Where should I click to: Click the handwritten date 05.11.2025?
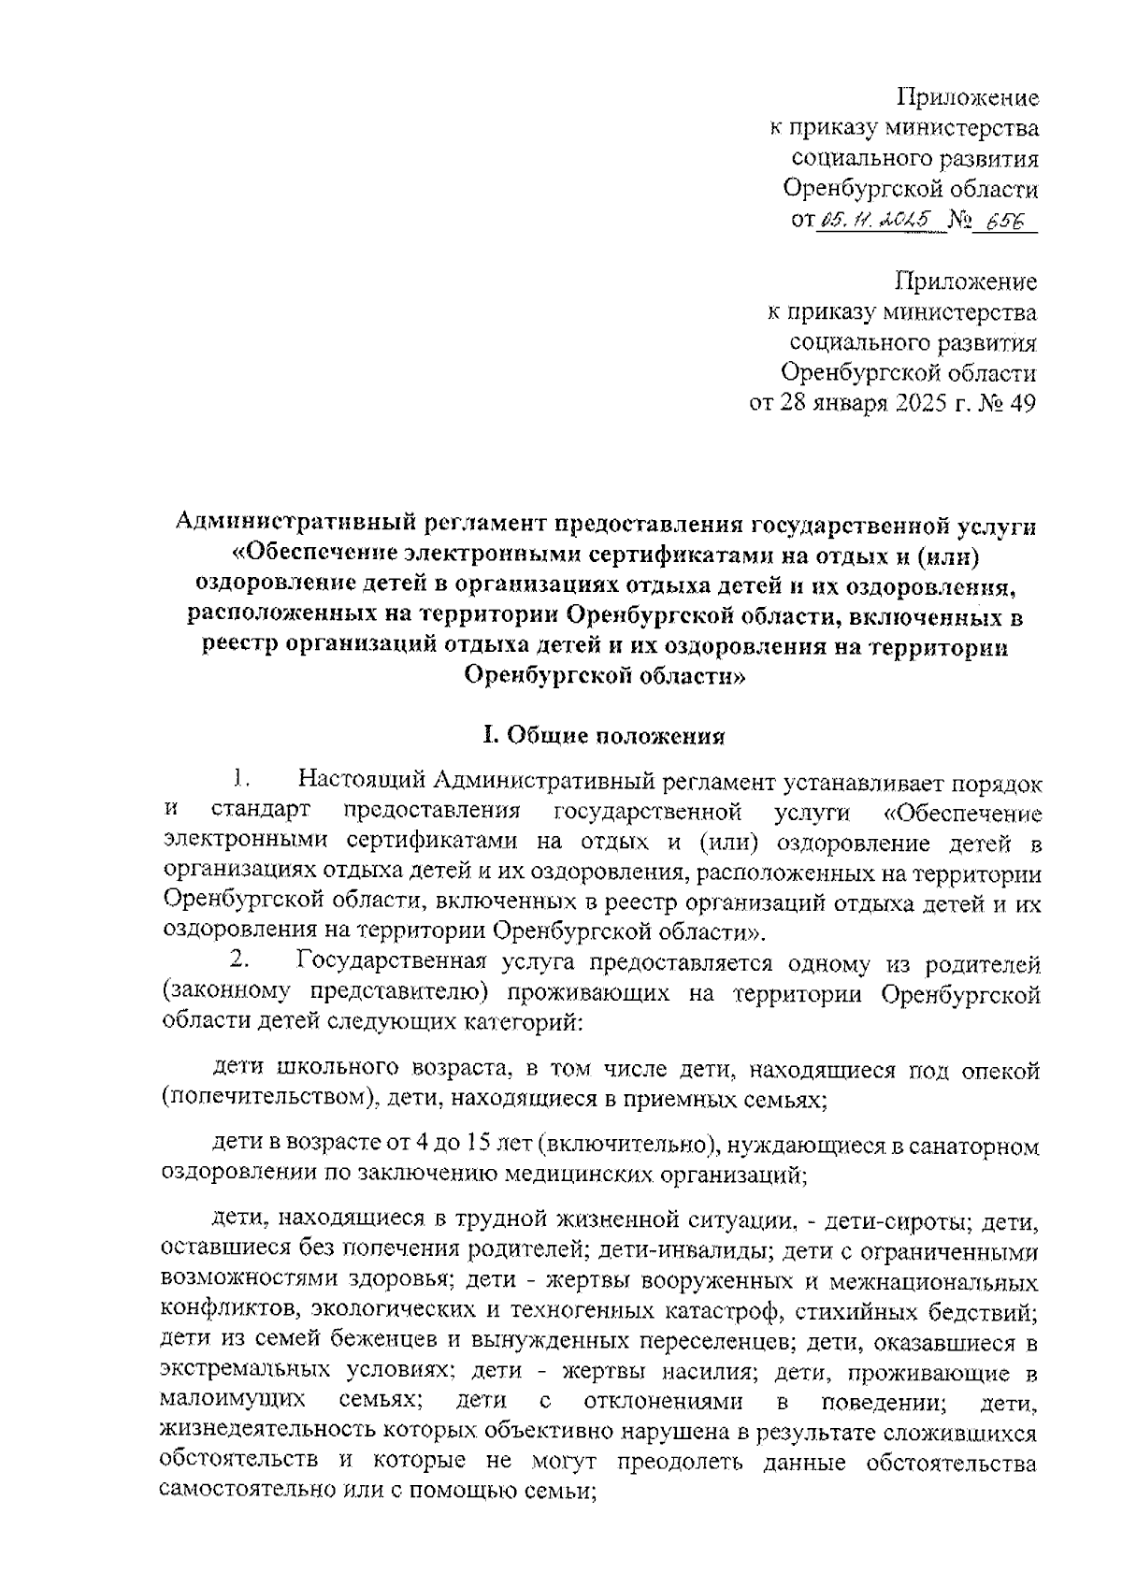878,219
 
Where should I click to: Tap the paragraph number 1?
239,777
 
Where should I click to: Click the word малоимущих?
233,1401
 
